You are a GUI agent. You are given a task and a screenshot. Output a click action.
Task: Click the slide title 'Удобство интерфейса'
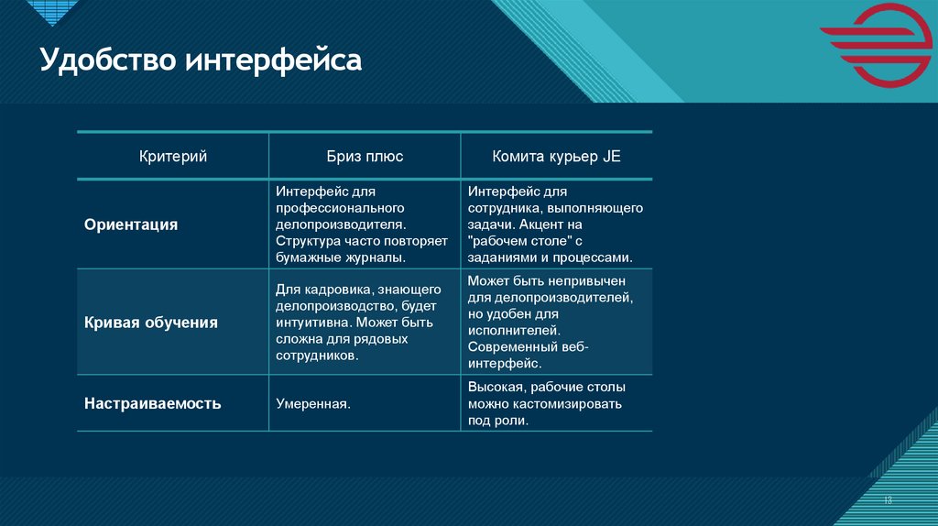click(x=201, y=62)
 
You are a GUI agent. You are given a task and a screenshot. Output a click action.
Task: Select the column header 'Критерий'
click(x=172, y=157)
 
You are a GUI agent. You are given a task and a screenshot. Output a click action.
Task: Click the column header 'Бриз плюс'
click(x=365, y=157)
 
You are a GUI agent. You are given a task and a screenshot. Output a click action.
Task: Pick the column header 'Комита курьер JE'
click(x=556, y=157)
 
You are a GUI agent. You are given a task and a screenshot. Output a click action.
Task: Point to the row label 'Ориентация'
click(x=131, y=225)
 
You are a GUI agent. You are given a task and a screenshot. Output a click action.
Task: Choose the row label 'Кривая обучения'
click(x=151, y=323)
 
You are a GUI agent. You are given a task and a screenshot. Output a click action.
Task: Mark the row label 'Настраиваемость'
click(x=153, y=402)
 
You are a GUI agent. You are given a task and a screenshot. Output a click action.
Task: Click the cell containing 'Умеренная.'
click(x=314, y=403)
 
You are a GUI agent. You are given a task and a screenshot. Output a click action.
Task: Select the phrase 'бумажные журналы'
click(x=338, y=258)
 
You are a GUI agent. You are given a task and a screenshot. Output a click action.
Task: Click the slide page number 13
click(x=888, y=500)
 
